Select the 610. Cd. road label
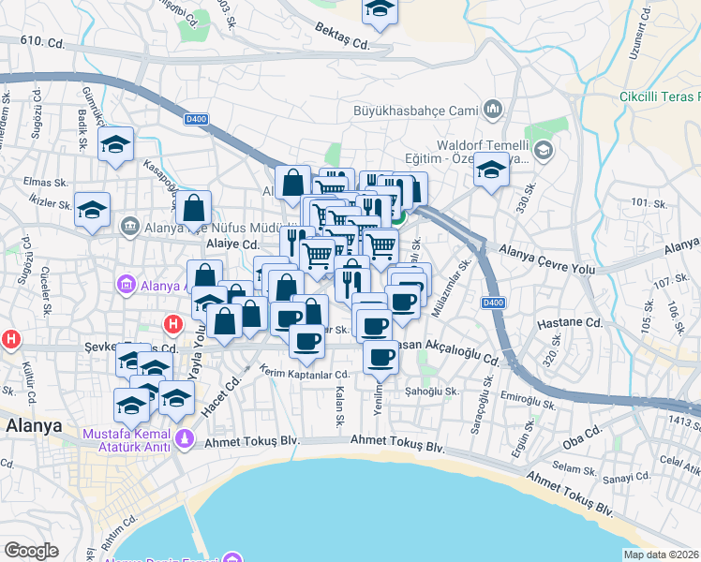pyautogui.click(x=42, y=41)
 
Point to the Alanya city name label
pyautogui.click(x=34, y=424)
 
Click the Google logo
pyautogui.click(x=31, y=551)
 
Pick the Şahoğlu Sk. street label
pyautogui.click(x=432, y=391)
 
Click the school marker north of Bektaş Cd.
pyautogui.click(x=380, y=7)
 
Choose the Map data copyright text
pyautogui.click(x=662, y=555)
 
